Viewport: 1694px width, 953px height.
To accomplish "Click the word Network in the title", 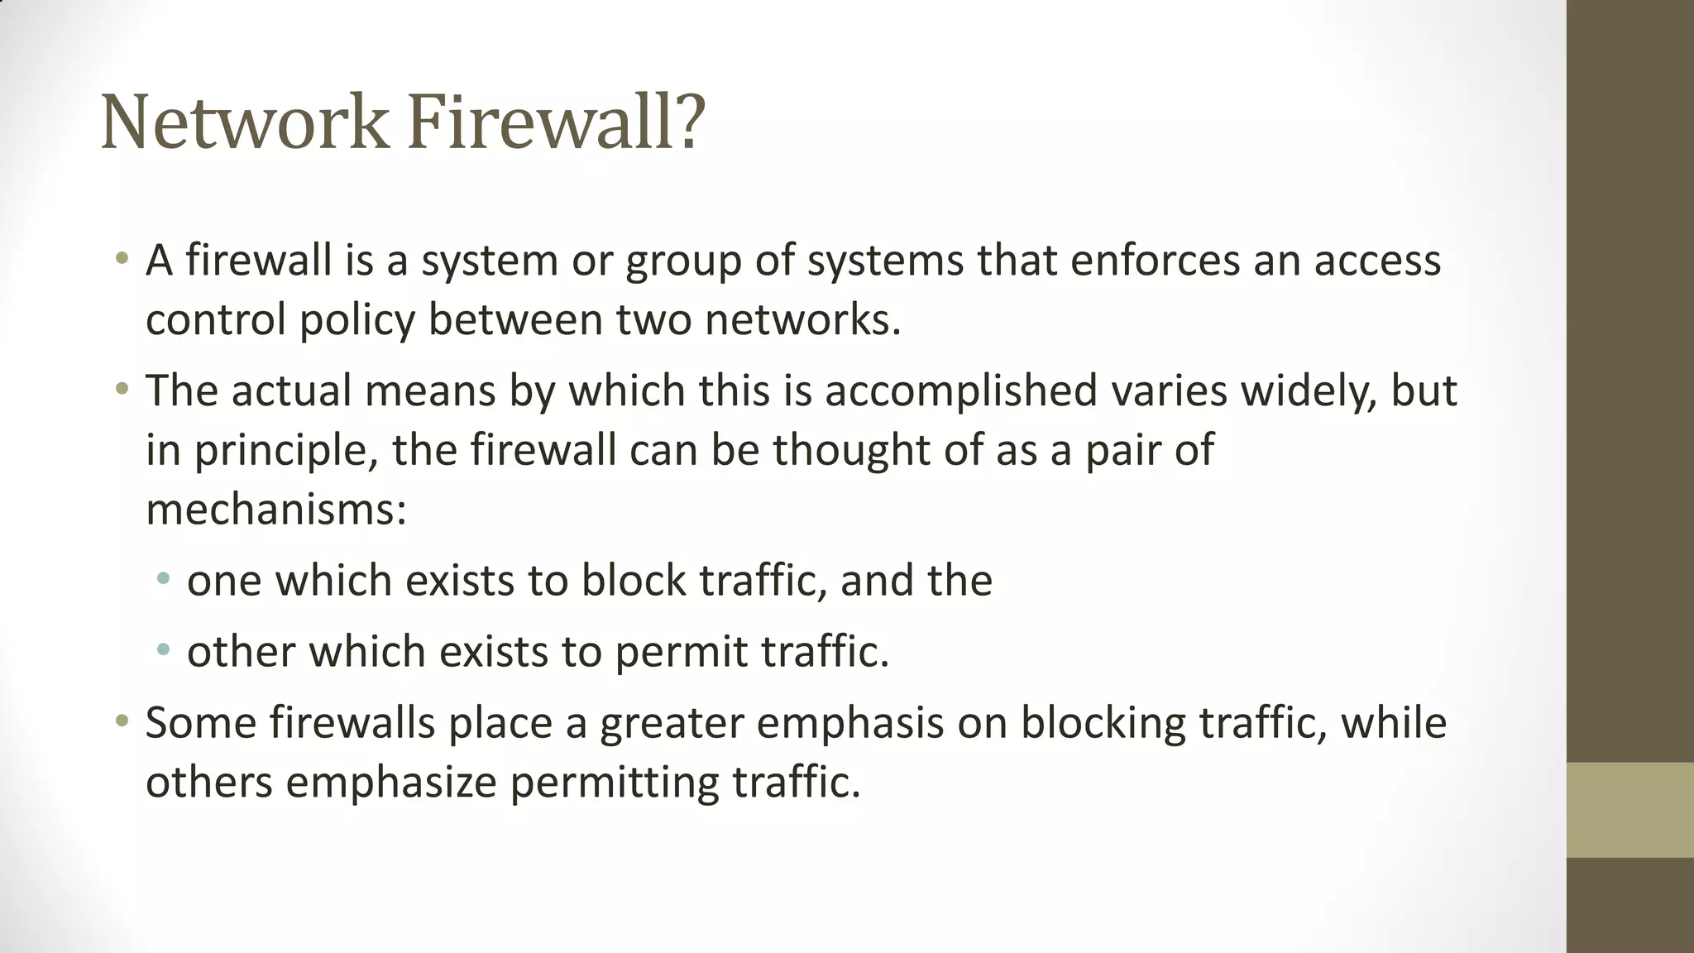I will click(244, 122).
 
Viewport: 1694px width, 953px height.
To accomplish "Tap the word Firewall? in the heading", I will click(556, 122).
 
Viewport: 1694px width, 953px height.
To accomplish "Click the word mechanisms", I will click(275, 509).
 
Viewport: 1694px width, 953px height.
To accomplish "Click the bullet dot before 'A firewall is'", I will click(122, 257).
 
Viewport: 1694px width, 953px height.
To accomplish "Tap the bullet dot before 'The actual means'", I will click(122, 388).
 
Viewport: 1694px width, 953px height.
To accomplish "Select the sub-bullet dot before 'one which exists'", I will click(163, 578).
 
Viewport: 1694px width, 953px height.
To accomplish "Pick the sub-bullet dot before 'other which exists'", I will click(163, 649).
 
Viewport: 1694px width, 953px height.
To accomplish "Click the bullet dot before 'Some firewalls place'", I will click(122, 721).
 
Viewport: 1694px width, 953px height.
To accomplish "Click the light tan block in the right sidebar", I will click(1629, 810).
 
